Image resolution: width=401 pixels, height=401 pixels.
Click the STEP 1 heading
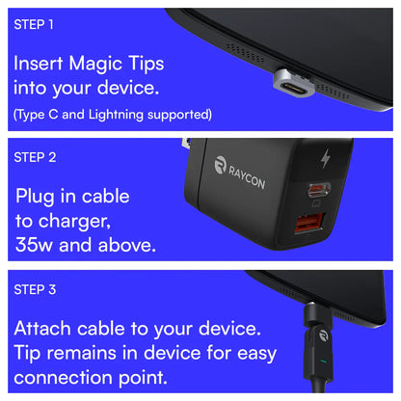pyautogui.click(x=33, y=23)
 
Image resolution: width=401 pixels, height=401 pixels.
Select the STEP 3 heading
pyautogui.click(x=34, y=288)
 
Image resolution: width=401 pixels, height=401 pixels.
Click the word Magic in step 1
pyautogui.click(x=100, y=66)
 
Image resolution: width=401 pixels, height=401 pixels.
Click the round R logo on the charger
pyautogui.click(x=221, y=166)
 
